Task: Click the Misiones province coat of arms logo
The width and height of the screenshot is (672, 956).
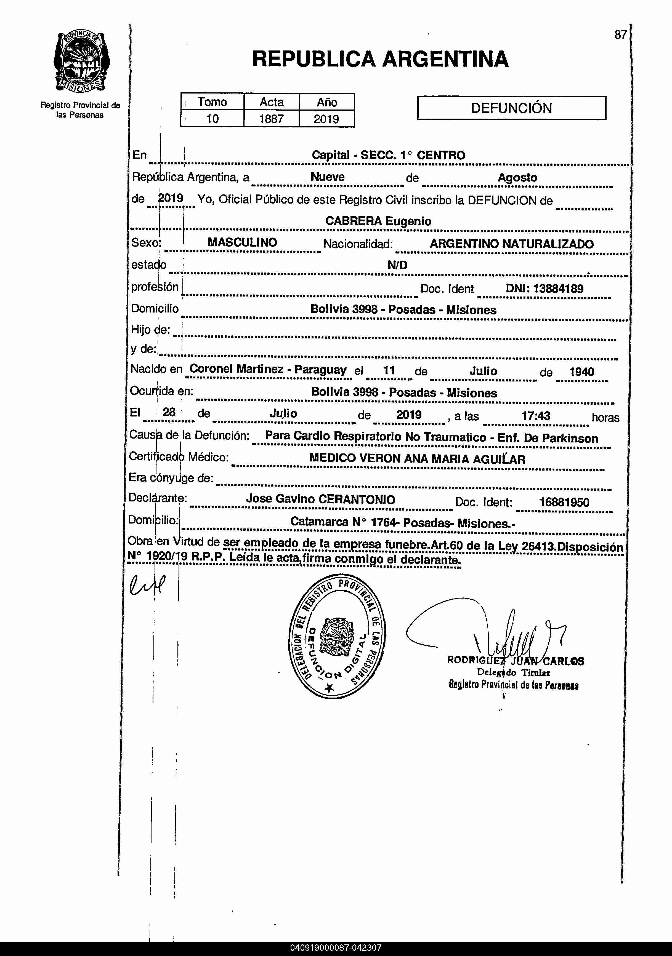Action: coord(82,62)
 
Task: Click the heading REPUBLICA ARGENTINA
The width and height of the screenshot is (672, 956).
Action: coord(380,59)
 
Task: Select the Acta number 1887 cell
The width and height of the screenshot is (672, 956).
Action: coord(271,119)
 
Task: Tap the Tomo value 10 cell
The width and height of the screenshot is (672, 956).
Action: coord(213,119)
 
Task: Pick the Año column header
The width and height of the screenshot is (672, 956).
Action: coord(327,102)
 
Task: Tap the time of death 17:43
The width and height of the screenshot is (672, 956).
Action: coord(536,416)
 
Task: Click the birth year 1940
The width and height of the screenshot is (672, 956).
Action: coord(581,372)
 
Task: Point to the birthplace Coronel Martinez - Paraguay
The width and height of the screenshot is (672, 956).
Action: coord(268,369)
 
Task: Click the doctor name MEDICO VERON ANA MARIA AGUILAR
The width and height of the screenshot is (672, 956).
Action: coord(417,459)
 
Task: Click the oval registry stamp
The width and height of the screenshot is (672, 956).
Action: coord(337,638)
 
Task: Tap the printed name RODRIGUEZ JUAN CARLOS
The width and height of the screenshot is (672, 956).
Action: coord(515,661)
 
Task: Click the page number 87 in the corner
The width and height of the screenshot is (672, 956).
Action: coord(620,34)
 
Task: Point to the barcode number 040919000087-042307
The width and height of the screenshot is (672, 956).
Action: coord(336,948)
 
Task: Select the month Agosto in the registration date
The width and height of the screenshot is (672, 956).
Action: coord(517,177)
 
